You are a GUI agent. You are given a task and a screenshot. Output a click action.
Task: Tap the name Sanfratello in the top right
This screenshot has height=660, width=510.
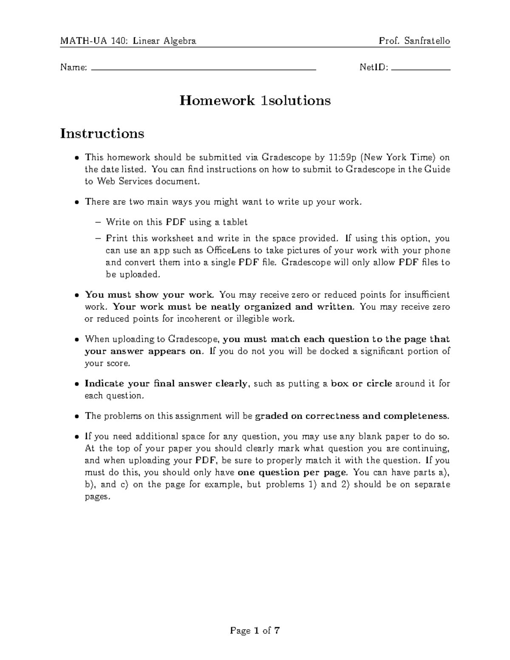pyautogui.click(x=427, y=41)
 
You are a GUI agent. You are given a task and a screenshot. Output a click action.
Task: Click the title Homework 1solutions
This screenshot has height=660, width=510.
pyautogui.click(x=255, y=101)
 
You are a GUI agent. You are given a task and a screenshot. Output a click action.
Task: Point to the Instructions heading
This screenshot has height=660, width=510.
pyautogui.click(x=102, y=133)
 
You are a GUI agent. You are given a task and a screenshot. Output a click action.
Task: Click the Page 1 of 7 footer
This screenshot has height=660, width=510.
pyautogui.click(x=255, y=630)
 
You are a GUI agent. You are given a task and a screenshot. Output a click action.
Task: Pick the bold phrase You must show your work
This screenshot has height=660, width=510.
pyautogui.click(x=151, y=295)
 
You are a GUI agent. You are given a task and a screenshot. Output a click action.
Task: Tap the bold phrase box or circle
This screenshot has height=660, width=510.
pyautogui.click(x=361, y=384)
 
